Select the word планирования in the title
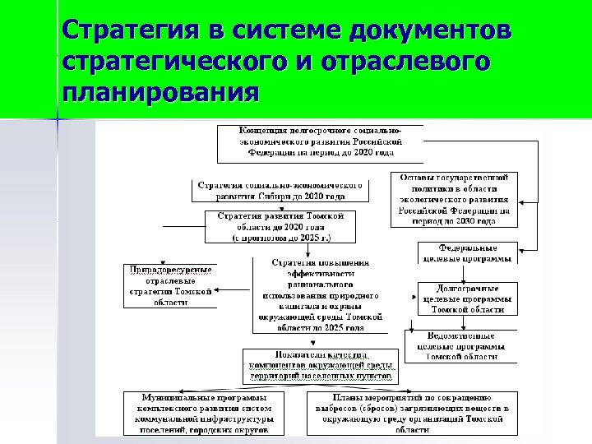(x=160, y=88)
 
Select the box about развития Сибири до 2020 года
(x=280, y=191)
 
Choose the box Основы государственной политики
(x=454, y=199)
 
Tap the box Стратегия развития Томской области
(x=280, y=226)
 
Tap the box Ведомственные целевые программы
(x=462, y=345)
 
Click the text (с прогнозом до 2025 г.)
(x=280, y=237)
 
